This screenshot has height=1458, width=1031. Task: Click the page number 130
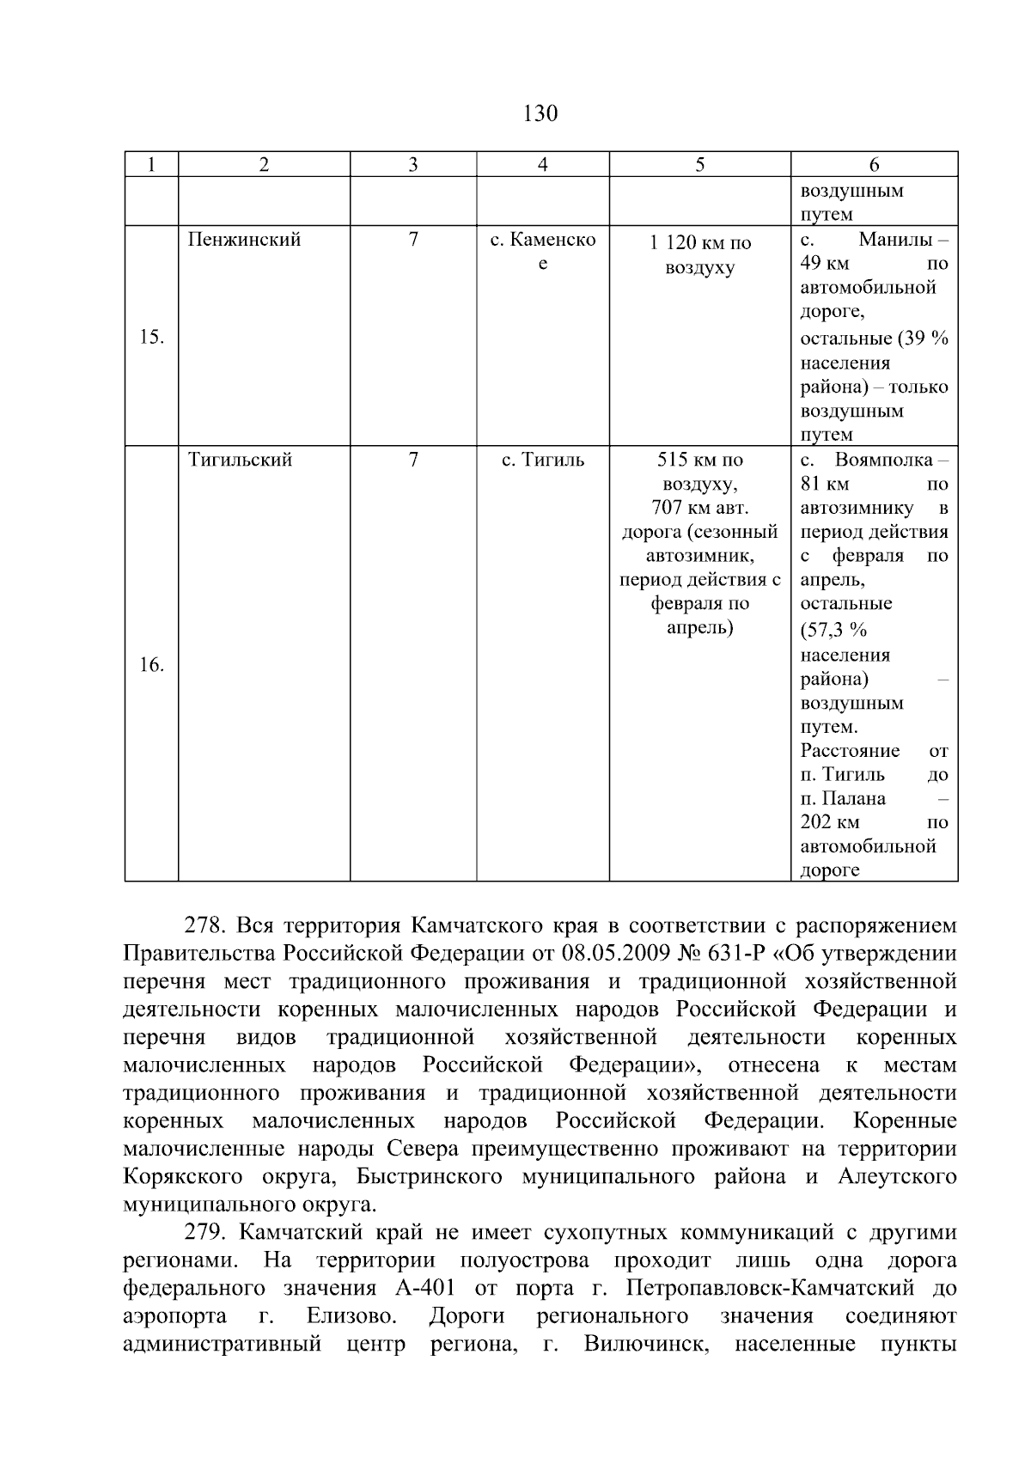pyautogui.click(x=540, y=113)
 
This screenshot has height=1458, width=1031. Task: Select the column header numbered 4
pyautogui.click(x=542, y=165)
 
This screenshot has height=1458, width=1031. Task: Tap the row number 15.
pyautogui.click(x=151, y=337)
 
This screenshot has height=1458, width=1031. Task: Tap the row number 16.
pyautogui.click(x=151, y=665)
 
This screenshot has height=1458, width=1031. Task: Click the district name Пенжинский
pyautogui.click(x=244, y=240)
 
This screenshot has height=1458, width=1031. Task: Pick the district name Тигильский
pyautogui.click(x=240, y=460)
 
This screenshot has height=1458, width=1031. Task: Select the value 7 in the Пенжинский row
pyautogui.click(x=413, y=240)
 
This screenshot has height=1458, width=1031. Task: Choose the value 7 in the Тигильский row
pyautogui.click(x=413, y=460)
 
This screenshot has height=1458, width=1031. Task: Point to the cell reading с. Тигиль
pyautogui.click(x=542, y=460)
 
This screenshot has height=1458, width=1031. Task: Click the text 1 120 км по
pyautogui.click(x=699, y=243)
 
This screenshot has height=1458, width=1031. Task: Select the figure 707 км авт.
pyautogui.click(x=699, y=508)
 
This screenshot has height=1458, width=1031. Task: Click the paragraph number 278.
pyautogui.click(x=204, y=926)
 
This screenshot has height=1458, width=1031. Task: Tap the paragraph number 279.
pyautogui.click(x=204, y=1233)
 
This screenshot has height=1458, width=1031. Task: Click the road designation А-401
pyautogui.click(x=425, y=1289)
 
